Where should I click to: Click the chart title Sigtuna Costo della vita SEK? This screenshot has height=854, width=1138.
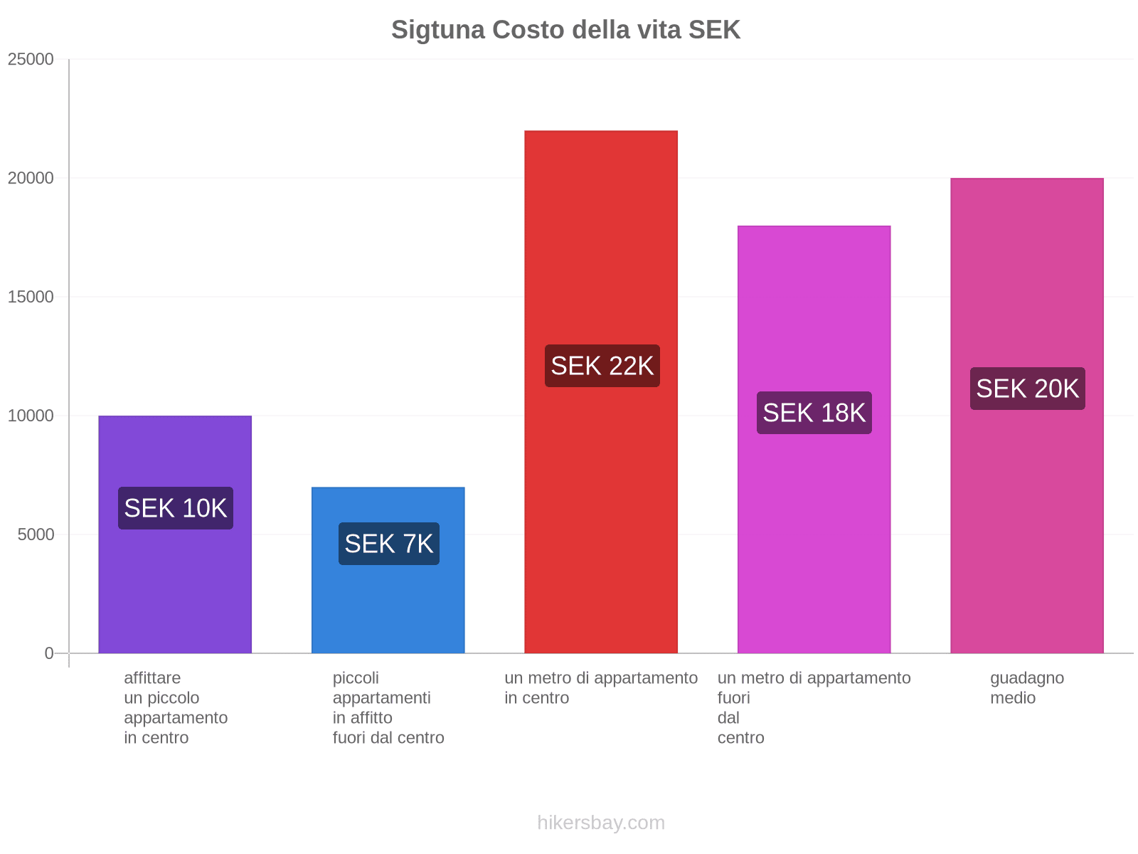click(x=565, y=30)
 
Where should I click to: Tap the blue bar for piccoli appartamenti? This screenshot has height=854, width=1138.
click(x=388, y=605)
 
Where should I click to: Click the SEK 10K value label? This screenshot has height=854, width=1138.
click(x=175, y=508)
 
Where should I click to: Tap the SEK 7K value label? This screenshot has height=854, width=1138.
click(x=388, y=544)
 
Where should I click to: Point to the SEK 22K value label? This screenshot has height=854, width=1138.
click(x=602, y=366)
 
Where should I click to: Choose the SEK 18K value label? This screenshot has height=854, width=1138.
click(x=814, y=413)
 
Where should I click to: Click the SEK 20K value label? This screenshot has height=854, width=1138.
click(x=1027, y=389)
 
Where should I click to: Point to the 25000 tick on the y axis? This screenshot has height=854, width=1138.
click(x=31, y=59)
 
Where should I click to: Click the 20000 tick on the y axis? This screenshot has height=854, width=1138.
click(x=31, y=178)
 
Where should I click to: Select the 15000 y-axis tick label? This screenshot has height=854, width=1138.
click(x=31, y=297)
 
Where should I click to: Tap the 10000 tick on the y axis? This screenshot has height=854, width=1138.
click(x=31, y=416)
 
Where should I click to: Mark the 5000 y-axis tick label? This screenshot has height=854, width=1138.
click(x=36, y=534)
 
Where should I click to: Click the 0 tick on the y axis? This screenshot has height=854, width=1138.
click(x=49, y=653)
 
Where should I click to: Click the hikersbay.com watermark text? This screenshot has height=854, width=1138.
click(x=601, y=823)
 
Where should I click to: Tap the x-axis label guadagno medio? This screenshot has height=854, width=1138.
click(x=1026, y=687)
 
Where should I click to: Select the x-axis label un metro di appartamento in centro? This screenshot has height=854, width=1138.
click(x=601, y=687)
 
